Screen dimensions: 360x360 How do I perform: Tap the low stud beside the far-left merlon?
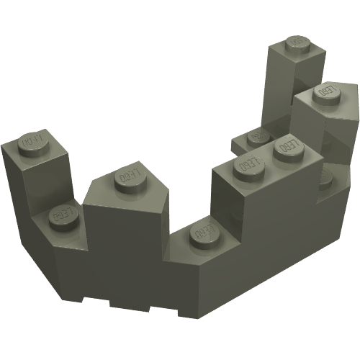pyautogui.click(x=63, y=215)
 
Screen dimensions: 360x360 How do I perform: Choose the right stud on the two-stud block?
pyautogui.click(x=288, y=146)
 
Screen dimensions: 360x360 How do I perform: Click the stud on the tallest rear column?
pyautogui.click(x=297, y=44)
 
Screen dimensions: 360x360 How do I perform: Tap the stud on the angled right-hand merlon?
pyautogui.click(x=326, y=92)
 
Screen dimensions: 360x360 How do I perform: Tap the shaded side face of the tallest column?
pyautogui.click(x=277, y=86)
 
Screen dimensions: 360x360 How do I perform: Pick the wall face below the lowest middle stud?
pyautogui.click(x=194, y=277)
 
